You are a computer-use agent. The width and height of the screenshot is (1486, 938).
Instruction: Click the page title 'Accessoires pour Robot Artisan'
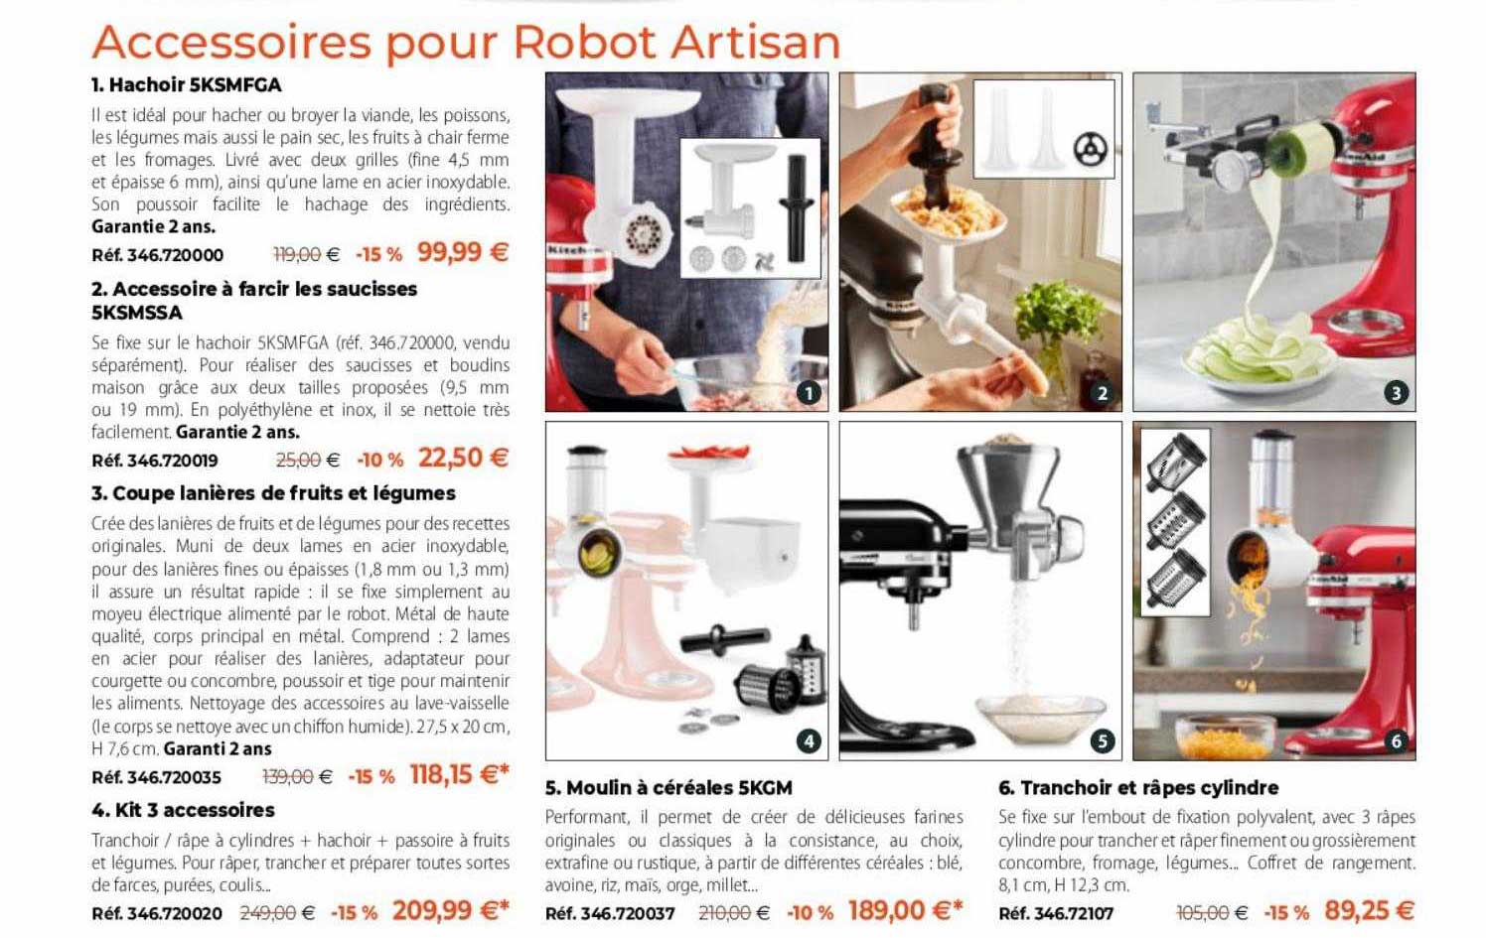[x=466, y=42]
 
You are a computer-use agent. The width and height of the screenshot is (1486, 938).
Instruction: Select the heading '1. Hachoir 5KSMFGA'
[x=187, y=84]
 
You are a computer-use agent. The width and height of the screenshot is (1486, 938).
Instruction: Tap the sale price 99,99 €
[x=463, y=252]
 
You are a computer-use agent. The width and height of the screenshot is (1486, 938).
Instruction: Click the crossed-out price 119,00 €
[x=306, y=255]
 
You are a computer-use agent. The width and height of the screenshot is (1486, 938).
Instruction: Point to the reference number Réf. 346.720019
[x=155, y=461]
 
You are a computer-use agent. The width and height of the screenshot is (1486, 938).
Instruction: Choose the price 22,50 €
[x=463, y=458]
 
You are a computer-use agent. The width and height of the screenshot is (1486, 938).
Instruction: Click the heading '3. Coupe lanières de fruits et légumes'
[x=273, y=493]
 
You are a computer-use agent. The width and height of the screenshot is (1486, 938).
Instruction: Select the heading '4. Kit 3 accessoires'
[x=183, y=810]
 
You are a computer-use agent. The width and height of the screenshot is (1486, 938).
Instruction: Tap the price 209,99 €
[x=450, y=910]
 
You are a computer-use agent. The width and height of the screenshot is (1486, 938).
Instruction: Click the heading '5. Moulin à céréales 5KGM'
[x=669, y=788]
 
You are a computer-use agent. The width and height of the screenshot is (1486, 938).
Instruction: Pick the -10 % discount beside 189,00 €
[x=810, y=912]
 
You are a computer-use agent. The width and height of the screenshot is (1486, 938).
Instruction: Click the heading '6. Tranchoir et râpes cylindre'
[x=1138, y=788]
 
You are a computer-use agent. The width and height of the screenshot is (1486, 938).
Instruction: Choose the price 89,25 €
[x=1369, y=910]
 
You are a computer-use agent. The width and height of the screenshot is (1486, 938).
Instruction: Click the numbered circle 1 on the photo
[x=810, y=393]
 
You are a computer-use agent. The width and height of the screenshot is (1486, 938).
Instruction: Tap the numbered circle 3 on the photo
[x=1396, y=393]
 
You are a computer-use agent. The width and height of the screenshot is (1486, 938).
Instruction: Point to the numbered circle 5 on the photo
[x=1102, y=740]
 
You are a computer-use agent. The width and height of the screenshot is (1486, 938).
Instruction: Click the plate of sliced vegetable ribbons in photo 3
[x=1252, y=362]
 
